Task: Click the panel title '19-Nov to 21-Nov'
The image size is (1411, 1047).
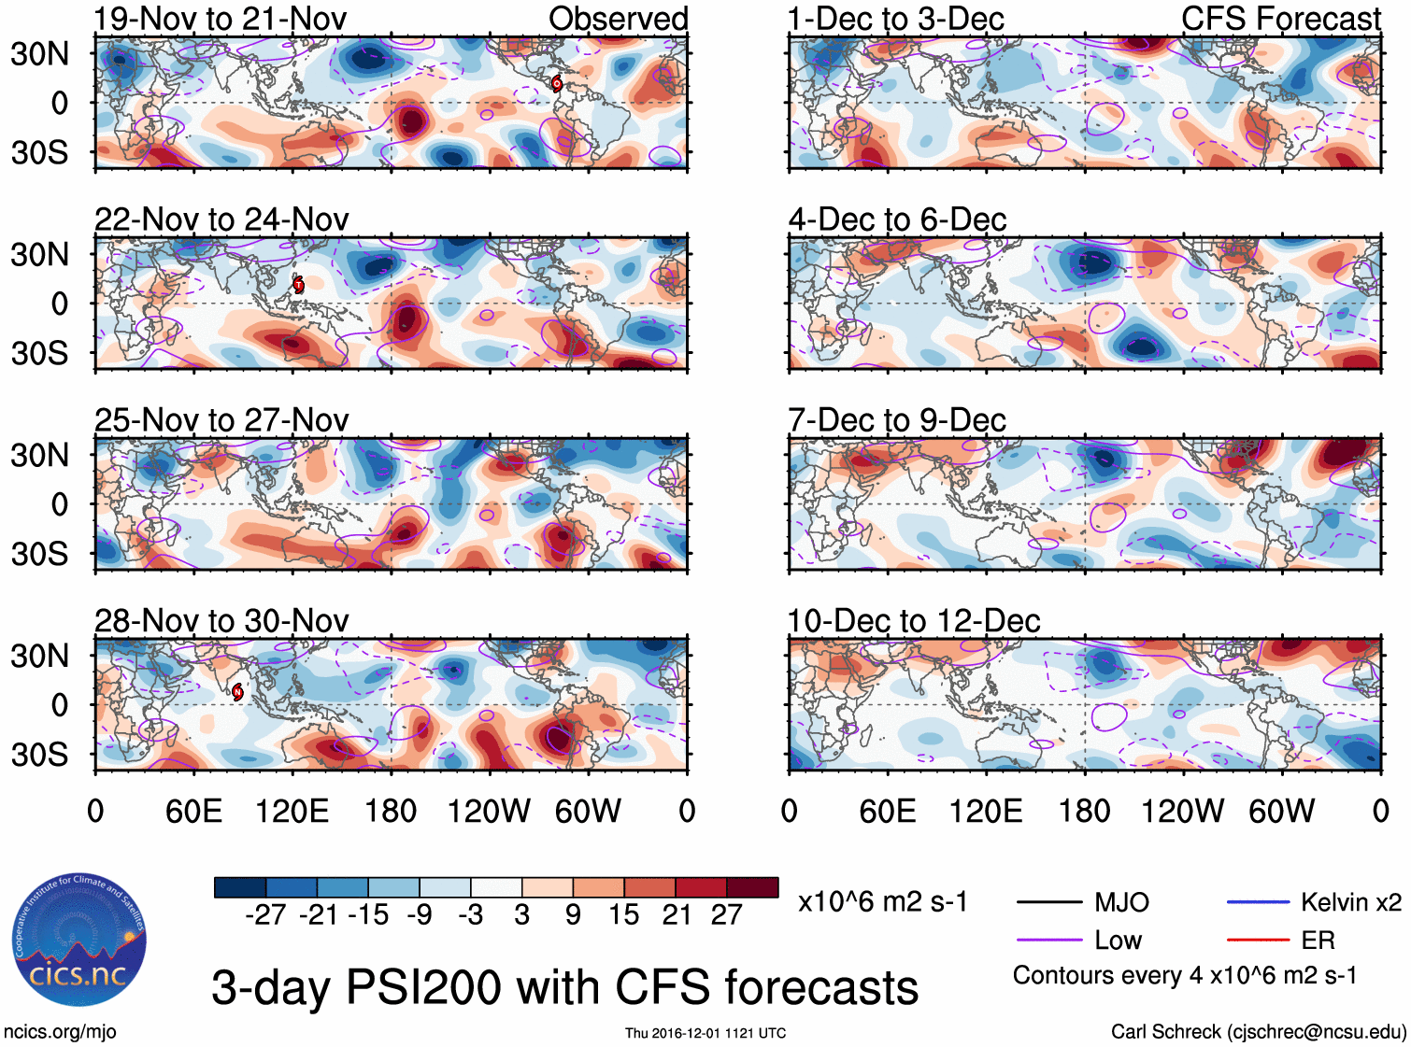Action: (x=221, y=19)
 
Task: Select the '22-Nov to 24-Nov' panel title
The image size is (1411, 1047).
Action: (x=221, y=219)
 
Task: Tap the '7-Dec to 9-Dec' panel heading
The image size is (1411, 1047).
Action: (x=897, y=420)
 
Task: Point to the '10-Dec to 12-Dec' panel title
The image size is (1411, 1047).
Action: (x=914, y=621)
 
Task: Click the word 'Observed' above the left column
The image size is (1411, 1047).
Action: (x=618, y=19)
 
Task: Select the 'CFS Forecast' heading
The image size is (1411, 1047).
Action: (x=1280, y=19)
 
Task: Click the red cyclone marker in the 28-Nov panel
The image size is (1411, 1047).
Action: (x=237, y=691)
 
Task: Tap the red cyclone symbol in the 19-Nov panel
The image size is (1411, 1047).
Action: (x=557, y=83)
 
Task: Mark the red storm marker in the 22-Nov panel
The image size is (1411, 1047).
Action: (x=298, y=284)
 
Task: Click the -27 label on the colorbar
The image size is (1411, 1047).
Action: (x=265, y=915)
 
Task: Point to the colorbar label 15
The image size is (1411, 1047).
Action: (x=623, y=915)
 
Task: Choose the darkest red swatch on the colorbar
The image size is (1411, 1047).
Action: (x=752, y=887)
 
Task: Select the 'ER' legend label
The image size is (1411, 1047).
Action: (x=1318, y=941)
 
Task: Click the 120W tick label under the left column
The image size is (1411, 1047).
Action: (x=489, y=811)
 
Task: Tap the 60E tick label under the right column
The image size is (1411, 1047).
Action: (x=888, y=811)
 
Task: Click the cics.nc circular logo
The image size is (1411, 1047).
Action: (x=79, y=941)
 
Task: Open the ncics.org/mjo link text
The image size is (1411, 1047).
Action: (x=60, y=1032)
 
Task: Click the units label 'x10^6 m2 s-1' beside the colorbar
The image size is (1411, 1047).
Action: (x=883, y=902)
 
